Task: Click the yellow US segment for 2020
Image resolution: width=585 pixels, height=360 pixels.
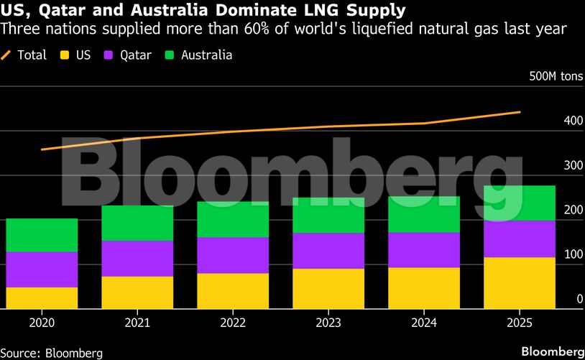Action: point(42,297)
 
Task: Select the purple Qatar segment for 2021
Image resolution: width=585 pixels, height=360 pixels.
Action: point(137,258)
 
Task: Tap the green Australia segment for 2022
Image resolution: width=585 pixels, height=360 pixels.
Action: point(233,219)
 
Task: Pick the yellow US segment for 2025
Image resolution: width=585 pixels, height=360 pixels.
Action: point(520,282)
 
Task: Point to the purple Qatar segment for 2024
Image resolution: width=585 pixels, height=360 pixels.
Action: point(424,249)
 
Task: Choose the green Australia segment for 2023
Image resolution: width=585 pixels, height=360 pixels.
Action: point(328,215)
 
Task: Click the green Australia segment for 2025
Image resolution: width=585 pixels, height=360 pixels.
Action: point(520,203)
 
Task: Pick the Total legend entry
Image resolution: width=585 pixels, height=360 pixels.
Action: point(24,55)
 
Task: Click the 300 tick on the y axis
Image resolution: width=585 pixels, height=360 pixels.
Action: point(573,165)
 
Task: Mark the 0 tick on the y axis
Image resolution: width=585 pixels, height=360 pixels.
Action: point(579,299)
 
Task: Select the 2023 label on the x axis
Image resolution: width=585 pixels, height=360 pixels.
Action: point(328,323)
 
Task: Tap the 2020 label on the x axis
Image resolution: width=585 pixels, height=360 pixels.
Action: point(42,323)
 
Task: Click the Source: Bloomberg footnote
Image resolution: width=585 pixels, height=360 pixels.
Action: point(52,353)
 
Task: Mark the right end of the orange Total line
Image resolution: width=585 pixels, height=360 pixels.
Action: point(520,112)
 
